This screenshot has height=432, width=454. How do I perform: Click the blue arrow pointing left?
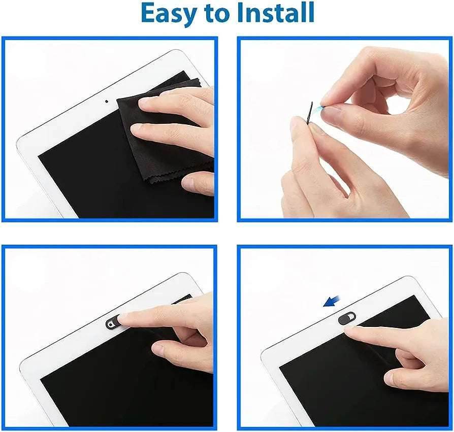(333, 301)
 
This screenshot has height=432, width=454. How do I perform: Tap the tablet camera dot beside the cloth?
(107, 101)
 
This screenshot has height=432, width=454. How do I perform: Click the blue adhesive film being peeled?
(319, 109)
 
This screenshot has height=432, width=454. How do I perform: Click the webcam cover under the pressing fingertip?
(113, 323)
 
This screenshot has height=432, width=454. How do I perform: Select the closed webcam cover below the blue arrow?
(347, 318)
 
